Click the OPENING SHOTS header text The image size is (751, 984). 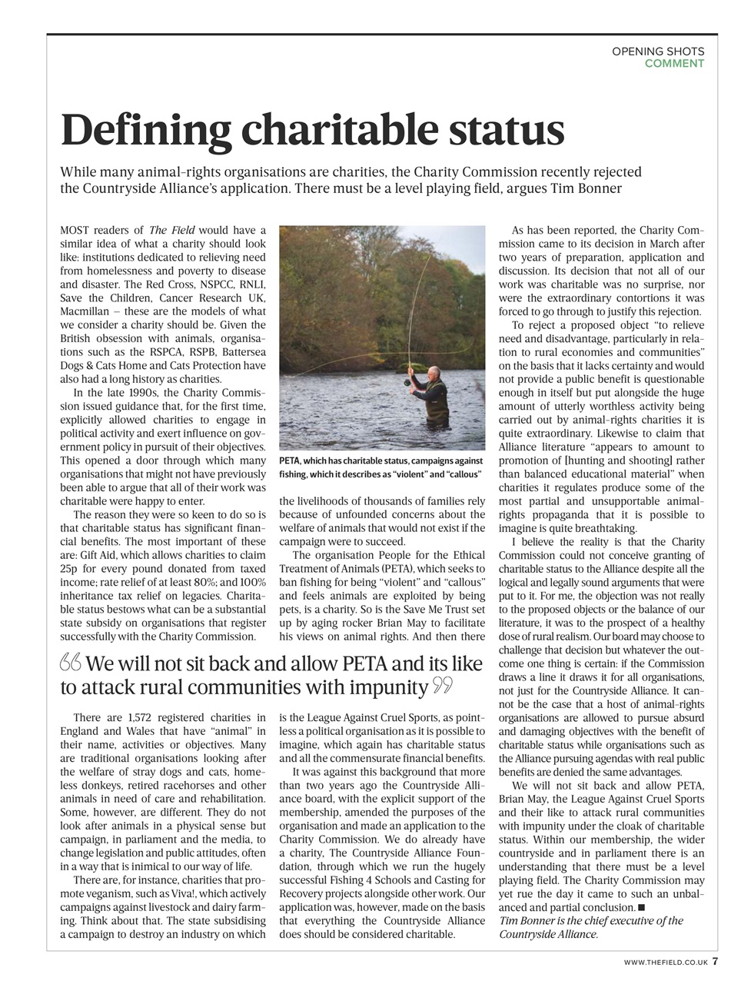point(658,52)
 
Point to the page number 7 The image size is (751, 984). point(715,961)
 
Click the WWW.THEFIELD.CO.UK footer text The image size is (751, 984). point(665,962)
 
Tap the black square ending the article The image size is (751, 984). point(641,908)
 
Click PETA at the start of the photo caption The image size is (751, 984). point(291,460)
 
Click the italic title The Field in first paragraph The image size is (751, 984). point(171,230)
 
